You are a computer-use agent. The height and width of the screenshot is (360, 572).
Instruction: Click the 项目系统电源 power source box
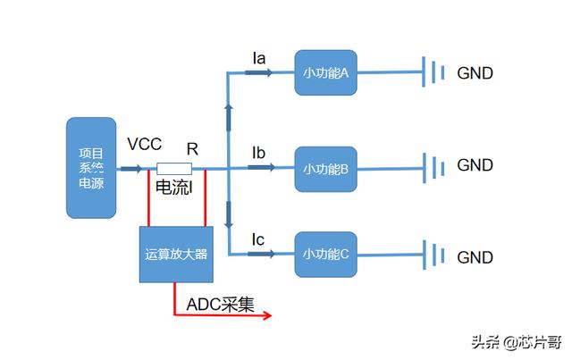tap(91, 167)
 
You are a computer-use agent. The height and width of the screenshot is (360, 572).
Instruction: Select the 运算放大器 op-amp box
tap(175, 254)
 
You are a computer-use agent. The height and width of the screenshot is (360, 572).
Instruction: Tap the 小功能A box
tap(326, 72)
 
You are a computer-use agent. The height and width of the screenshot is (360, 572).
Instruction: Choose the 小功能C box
tap(326, 255)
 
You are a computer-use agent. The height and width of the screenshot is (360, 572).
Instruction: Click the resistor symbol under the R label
tap(174, 169)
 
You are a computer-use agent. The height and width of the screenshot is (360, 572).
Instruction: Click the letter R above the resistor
tap(192, 148)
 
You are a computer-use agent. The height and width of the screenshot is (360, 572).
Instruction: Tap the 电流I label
tap(174, 188)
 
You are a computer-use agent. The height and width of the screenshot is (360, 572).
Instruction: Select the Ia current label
tap(259, 58)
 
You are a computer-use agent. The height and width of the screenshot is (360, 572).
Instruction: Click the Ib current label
tap(259, 153)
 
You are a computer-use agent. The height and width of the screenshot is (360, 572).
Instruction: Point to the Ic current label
tap(258, 239)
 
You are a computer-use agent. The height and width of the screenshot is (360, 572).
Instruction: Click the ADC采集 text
tap(220, 304)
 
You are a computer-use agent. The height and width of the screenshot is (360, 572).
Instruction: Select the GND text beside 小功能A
tap(475, 73)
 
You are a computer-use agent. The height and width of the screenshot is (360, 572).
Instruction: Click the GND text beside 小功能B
tap(475, 165)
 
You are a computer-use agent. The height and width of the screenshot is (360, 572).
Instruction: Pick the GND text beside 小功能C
tap(475, 257)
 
